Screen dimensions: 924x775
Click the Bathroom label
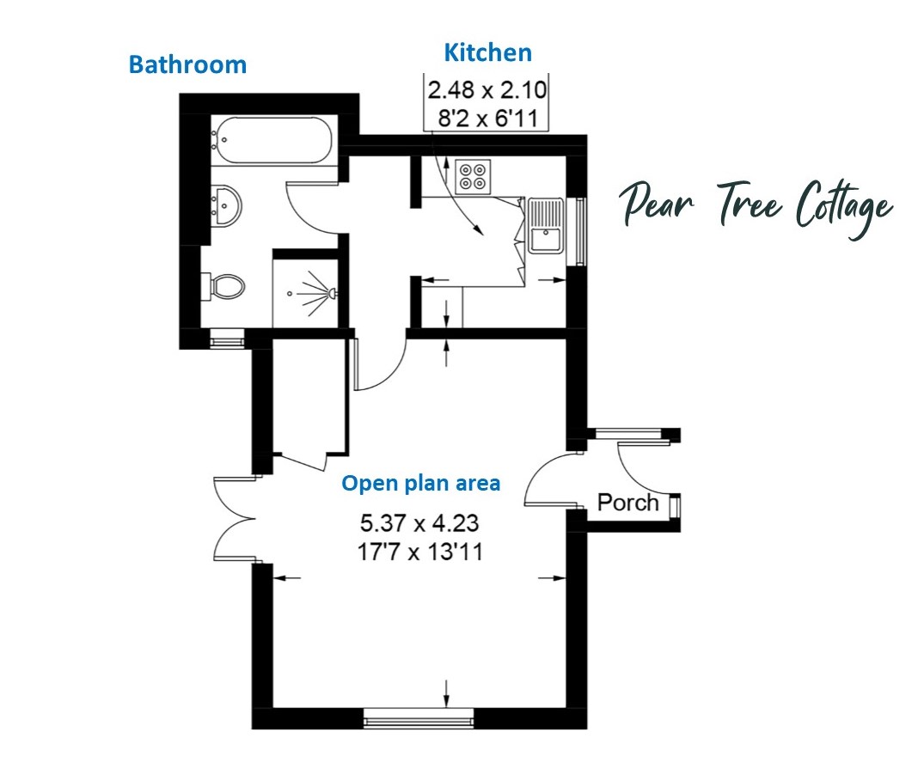[x=187, y=64]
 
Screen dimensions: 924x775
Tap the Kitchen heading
[x=488, y=52]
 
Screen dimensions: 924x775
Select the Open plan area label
[x=421, y=484]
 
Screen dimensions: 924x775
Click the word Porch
[x=627, y=503]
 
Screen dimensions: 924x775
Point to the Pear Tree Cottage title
[x=756, y=207]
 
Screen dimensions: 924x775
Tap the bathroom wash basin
[x=226, y=205]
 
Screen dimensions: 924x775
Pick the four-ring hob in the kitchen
[x=474, y=176]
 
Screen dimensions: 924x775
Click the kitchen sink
[x=546, y=226]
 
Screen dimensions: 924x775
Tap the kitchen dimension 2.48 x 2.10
[x=486, y=90]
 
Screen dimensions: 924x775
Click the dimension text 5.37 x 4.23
[x=419, y=523]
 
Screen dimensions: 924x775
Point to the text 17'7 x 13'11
[x=420, y=552]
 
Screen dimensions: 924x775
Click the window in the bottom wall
[x=419, y=718]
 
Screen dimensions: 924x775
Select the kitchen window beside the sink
[x=580, y=232]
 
